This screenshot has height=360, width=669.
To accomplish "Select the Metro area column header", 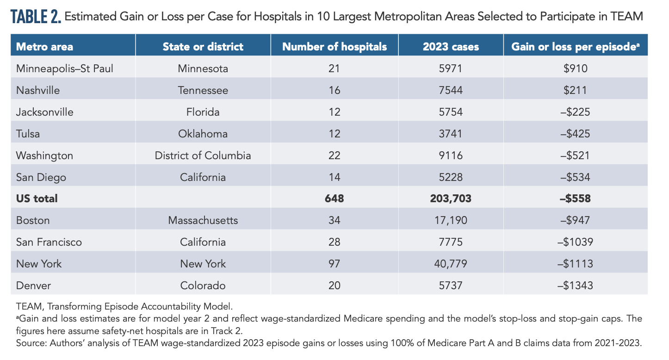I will [44, 47].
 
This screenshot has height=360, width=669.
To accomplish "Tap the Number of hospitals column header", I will [334, 47].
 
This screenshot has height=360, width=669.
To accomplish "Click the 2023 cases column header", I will [451, 47].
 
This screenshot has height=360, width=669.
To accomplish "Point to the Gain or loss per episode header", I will [576, 47].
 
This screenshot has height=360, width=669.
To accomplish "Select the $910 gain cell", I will [576, 68].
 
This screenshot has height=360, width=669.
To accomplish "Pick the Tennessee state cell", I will [203, 90].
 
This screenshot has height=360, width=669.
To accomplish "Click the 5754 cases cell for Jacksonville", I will [451, 112].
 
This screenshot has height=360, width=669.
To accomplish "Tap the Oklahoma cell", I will [203, 134].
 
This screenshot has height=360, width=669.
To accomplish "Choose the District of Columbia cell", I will [203, 155].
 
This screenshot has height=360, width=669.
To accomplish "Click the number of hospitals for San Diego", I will [334, 177].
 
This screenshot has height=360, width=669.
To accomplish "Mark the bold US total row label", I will [37, 199].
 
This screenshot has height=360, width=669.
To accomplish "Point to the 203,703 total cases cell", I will [451, 199].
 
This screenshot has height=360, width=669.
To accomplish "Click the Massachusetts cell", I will [203, 220].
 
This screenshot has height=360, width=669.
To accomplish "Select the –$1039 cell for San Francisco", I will [576, 242].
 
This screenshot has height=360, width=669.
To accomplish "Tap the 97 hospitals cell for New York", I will [334, 264].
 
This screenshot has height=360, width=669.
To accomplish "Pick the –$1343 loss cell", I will [576, 286].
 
